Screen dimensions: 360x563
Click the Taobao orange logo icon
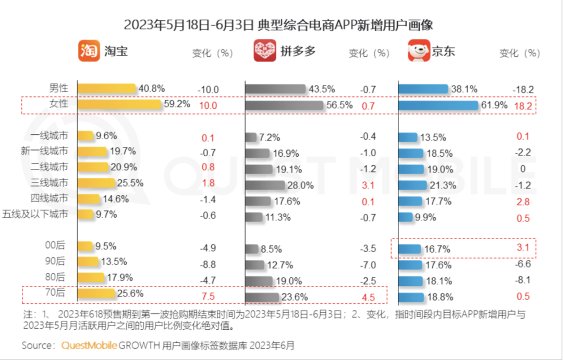click(89, 51)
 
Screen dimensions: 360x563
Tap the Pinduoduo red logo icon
click(265, 51)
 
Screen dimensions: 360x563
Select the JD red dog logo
click(419, 51)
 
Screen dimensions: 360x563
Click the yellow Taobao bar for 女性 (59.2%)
click(119, 105)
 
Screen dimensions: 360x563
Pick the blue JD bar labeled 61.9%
click(438, 106)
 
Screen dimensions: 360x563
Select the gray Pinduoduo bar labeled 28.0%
click(265, 185)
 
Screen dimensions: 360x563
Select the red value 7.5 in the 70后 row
click(207, 296)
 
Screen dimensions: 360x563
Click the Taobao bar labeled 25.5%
click(96, 183)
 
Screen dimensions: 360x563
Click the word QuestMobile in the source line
click(89, 345)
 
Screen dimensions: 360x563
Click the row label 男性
click(58, 89)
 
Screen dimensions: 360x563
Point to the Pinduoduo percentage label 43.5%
click(322, 90)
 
